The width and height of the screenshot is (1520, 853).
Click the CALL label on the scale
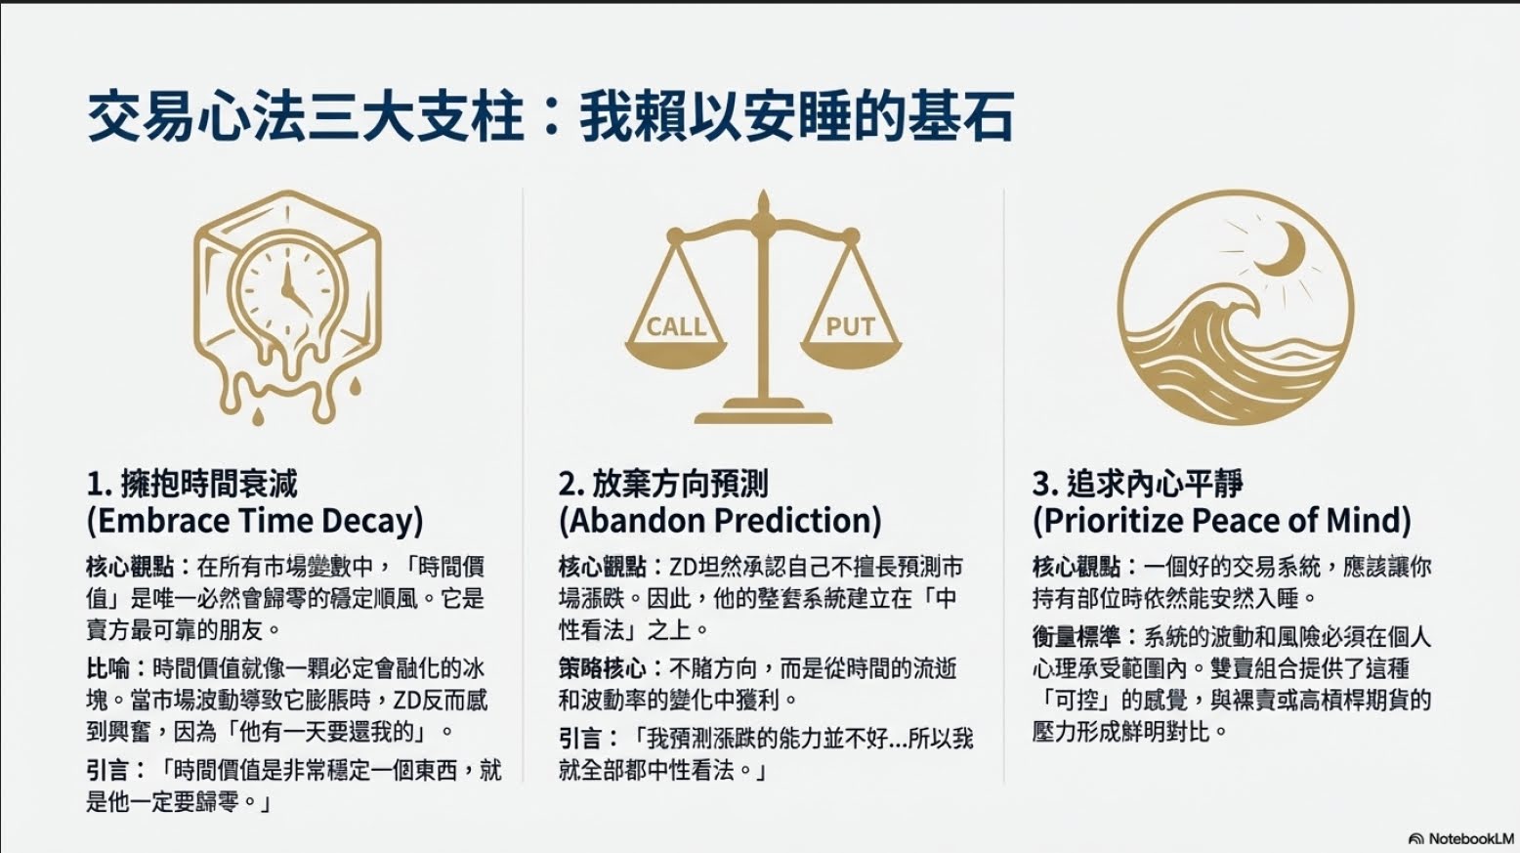[x=676, y=327]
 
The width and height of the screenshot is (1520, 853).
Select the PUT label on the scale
[x=850, y=327]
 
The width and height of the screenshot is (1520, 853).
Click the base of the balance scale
[x=763, y=411]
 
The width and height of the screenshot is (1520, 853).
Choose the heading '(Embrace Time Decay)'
[x=255, y=521]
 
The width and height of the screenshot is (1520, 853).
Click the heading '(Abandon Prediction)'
[x=720, y=521]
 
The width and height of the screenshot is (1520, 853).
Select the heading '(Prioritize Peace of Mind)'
[x=1221, y=521]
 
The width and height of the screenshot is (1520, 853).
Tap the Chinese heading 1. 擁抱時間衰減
[x=192, y=485]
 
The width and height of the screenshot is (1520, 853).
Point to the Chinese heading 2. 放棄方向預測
[x=663, y=485]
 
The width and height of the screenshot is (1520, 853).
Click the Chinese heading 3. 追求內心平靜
[x=1137, y=485]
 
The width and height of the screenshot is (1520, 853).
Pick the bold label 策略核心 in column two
[x=602, y=669]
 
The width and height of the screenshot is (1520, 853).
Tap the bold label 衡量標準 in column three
[x=1076, y=636]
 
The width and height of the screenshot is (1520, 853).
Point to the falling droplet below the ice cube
[x=258, y=416]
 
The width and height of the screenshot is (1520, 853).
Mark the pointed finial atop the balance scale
[x=763, y=202]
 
